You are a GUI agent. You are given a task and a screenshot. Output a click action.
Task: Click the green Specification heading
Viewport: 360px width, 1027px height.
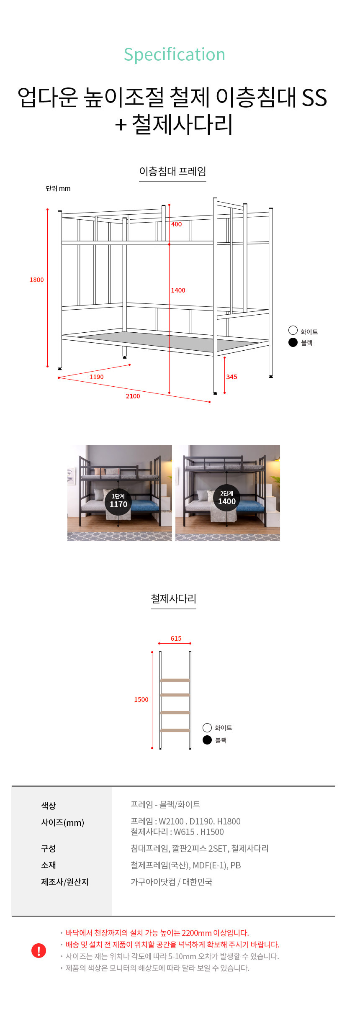(x=175, y=55)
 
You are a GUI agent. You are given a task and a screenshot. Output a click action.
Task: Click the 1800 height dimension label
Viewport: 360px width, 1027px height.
(x=36, y=280)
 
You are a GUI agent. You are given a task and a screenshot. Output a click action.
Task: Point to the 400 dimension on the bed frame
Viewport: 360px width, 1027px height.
(x=177, y=224)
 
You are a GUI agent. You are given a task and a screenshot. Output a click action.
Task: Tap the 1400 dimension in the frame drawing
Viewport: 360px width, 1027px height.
(x=178, y=290)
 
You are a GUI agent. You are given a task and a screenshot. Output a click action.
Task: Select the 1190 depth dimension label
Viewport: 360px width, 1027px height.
(x=96, y=377)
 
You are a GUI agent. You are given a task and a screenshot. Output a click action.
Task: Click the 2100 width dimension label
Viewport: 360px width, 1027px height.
(x=133, y=396)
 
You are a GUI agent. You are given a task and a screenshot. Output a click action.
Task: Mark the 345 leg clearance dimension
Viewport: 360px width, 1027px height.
(x=232, y=377)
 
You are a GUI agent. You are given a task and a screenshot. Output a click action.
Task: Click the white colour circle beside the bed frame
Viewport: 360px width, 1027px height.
(x=293, y=330)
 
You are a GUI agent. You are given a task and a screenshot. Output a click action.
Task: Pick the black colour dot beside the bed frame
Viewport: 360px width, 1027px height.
(x=293, y=342)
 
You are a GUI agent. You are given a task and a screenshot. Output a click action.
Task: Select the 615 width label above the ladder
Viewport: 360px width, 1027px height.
(x=176, y=639)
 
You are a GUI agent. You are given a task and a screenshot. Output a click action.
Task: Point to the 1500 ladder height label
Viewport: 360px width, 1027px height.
(x=141, y=700)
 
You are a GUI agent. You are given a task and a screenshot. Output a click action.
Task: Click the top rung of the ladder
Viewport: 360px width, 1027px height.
(x=175, y=680)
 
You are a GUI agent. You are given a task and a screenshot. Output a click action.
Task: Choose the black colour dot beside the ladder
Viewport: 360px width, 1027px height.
(x=207, y=740)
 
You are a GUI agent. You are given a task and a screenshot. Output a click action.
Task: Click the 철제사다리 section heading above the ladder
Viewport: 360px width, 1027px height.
(x=173, y=599)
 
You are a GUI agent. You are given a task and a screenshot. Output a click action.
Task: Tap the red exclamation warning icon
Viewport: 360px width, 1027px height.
(x=39, y=950)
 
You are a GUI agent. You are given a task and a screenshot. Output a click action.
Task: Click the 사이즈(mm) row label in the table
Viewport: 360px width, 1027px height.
(x=62, y=823)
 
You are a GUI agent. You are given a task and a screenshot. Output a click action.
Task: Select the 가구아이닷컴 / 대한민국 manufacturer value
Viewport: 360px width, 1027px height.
(x=171, y=882)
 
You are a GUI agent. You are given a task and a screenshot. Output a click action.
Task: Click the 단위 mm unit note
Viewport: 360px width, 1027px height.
(x=58, y=189)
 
